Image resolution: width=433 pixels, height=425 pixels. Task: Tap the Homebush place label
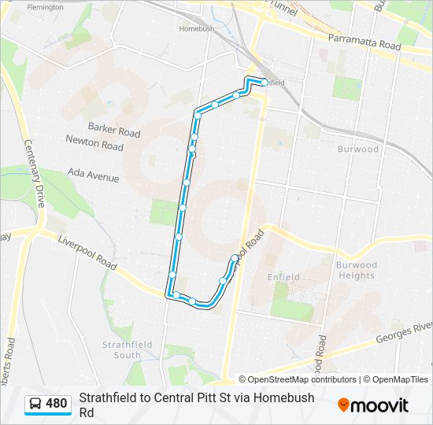(197, 28)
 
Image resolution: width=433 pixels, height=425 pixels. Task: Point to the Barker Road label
(114, 130)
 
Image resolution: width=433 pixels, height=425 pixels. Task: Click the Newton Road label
(94, 146)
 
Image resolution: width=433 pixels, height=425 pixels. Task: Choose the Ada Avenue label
(93, 176)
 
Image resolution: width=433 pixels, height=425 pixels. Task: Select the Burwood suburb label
(358, 149)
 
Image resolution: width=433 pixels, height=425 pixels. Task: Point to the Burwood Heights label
(357, 270)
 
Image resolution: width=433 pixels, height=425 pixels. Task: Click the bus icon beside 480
(35, 404)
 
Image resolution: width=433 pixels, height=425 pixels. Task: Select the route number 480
(57, 404)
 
